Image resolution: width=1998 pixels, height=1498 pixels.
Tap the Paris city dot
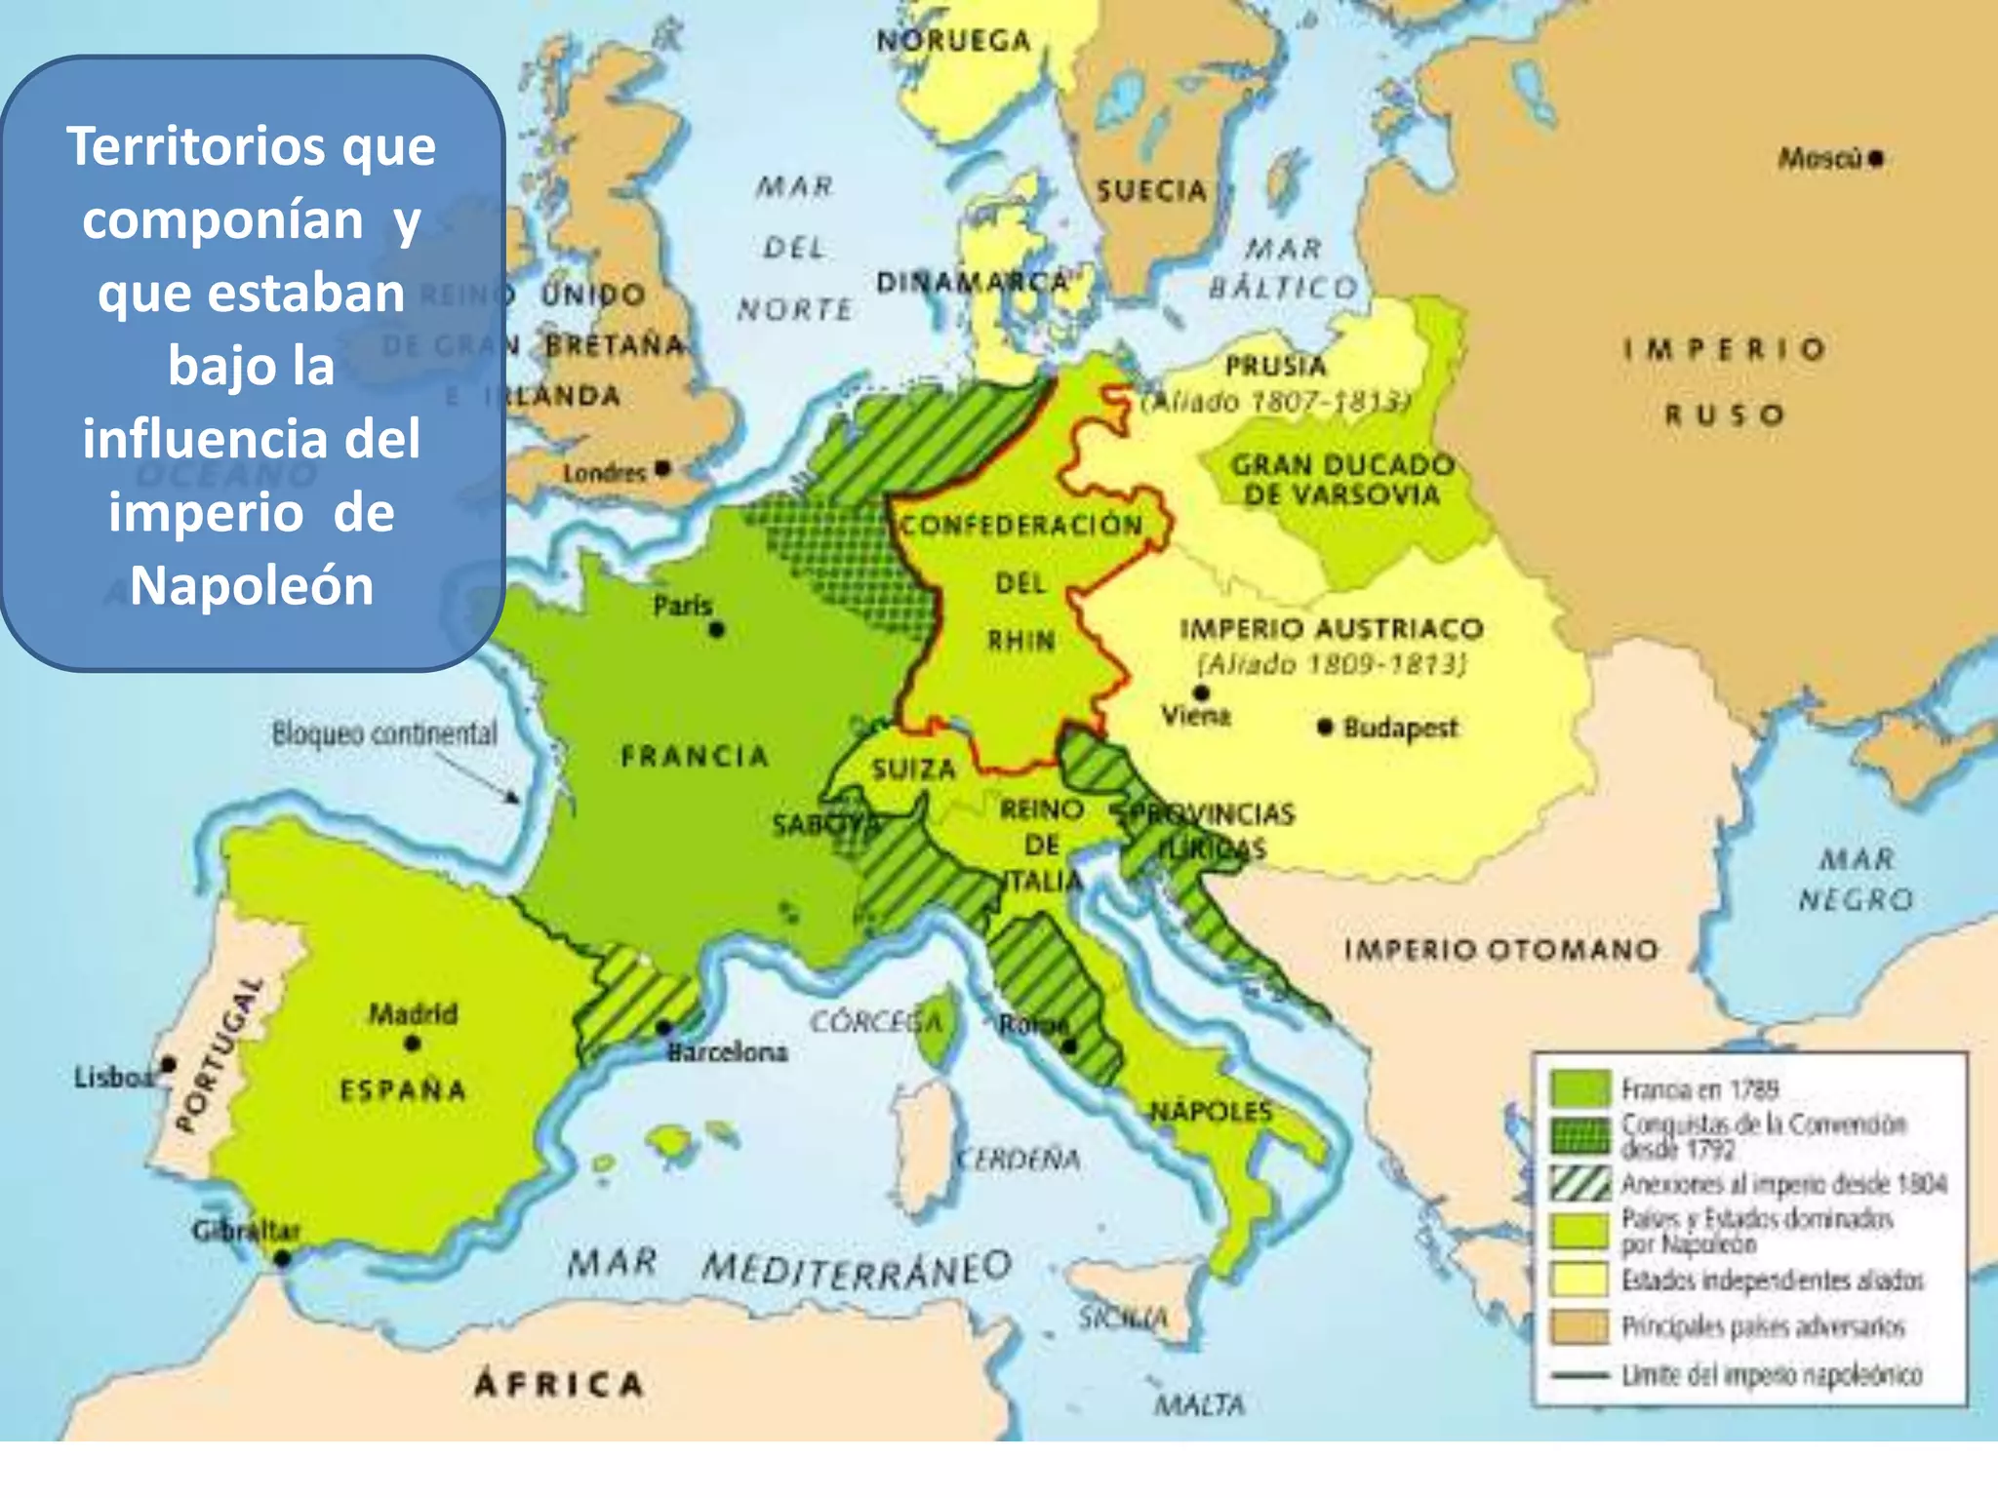[717, 630]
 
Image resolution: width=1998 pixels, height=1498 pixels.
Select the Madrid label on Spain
[413, 1013]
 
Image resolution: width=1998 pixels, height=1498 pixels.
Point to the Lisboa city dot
[169, 1063]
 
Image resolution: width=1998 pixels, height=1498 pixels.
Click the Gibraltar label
[246, 1231]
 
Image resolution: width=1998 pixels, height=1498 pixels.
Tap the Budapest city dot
[1324, 727]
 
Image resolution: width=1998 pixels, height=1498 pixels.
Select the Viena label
[1196, 717]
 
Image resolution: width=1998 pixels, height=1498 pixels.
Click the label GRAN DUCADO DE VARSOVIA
[1341, 479]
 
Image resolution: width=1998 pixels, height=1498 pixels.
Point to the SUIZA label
[914, 769]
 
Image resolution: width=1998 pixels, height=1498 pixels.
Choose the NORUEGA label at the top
[953, 41]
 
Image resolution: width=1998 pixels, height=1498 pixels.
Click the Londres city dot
[663, 469]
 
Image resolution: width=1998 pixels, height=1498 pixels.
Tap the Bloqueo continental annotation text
[384, 733]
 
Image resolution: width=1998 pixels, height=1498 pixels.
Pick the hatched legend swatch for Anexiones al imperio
[1579, 1183]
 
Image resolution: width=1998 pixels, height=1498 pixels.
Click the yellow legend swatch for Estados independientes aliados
[1579, 1279]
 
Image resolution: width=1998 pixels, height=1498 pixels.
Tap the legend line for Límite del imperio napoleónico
[1579, 1375]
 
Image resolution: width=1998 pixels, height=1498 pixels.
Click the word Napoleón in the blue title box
[252, 585]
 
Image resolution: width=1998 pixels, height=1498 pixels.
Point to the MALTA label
[1200, 1404]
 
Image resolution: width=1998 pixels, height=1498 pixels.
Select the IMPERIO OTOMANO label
[1500, 949]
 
